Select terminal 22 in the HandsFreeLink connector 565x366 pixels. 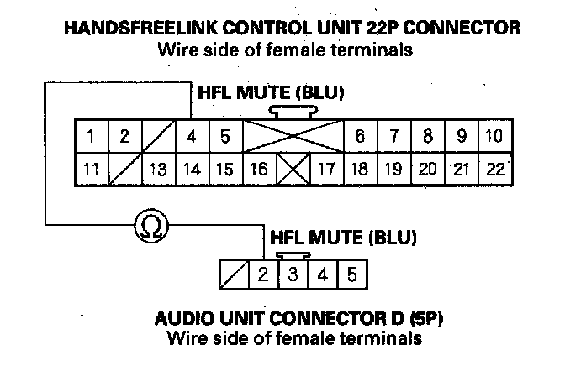pyautogui.click(x=495, y=169)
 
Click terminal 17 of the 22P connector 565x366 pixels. pyautogui.click(x=325, y=169)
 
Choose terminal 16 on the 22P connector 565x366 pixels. pyautogui.click(x=260, y=169)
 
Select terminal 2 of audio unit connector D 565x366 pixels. pyautogui.click(x=263, y=274)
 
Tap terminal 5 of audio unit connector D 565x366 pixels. pyautogui.click(x=351, y=274)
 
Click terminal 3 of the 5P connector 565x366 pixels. pyautogui.click(x=293, y=274)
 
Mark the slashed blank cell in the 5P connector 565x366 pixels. pyautogui.click(x=234, y=274)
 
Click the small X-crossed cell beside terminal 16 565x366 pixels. pyautogui.click(x=293, y=169)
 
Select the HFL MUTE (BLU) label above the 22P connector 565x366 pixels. pyautogui.click(x=271, y=91)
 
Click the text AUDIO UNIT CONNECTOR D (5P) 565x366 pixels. pyautogui.click(x=299, y=320)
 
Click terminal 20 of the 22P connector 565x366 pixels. pyautogui.click(x=428, y=169)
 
